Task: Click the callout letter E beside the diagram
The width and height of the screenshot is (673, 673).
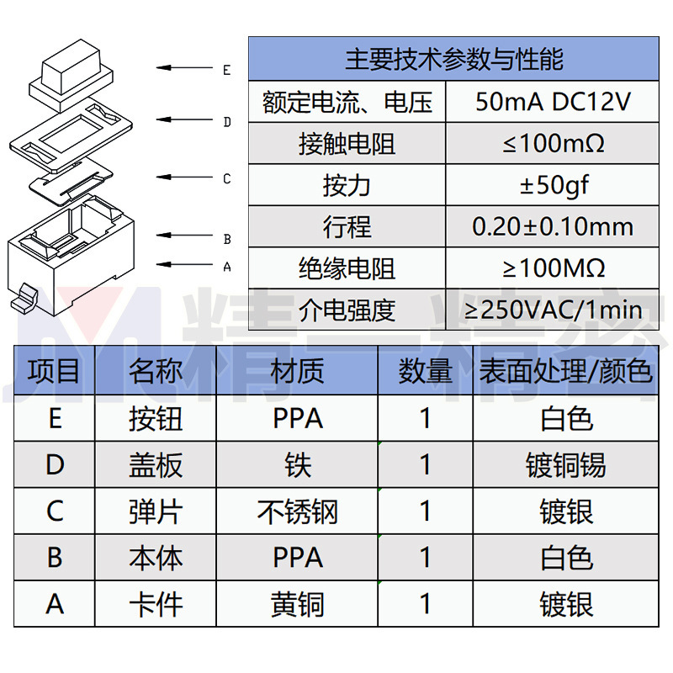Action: coord(226,70)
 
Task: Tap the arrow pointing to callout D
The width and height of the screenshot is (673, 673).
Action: coord(188,121)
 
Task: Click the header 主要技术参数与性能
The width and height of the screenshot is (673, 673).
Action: coord(454,60)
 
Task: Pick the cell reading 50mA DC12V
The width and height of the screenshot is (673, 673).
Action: coord(553,103)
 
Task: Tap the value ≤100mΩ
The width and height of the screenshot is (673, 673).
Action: coord(553,144)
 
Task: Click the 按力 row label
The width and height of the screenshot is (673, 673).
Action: coord(347,185)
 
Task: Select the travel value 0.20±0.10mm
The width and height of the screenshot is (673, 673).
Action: coord(553,226)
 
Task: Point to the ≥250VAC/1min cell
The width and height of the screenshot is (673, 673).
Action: coord(553,310)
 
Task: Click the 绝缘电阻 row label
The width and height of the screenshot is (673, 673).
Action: coord(347,268)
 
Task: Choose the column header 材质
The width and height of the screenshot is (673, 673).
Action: coord(297,371)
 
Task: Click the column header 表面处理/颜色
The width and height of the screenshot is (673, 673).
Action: coord(565,371)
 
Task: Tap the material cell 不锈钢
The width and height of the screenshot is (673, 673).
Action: coord(297,511)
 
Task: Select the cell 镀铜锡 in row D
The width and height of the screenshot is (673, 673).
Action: coord(565,464)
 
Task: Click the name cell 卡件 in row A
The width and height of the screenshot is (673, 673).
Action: coord(156,604)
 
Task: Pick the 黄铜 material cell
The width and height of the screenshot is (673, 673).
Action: coord(297,604)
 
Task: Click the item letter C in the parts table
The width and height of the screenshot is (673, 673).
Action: coord(55,511)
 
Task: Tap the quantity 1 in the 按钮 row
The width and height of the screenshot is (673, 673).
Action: coord(425,418)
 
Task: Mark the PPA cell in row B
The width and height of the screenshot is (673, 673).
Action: coord(297,558)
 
